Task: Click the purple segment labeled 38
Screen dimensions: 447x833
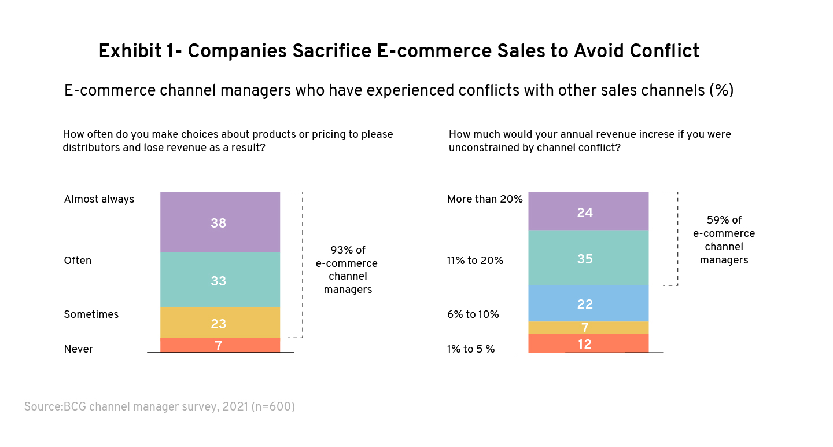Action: click(x=220, y=222)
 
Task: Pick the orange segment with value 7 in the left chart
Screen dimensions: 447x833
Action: click(x=220, y=345)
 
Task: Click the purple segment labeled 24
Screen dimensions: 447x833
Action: click(x=588, y=211)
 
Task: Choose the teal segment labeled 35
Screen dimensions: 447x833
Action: click(x=588, y=258)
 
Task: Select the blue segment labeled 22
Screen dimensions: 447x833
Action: click(x=588, y=303)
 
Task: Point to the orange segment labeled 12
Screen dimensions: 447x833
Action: click(x=588, y=343)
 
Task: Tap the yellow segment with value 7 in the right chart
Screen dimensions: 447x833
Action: click(x=588, y=328)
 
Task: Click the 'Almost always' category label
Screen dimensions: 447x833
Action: click(x=99, y=199)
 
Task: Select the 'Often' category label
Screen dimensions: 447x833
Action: click(x=78, y=261)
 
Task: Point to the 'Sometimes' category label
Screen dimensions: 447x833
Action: click(x=91, y=314)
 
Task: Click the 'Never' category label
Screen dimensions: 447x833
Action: click(x=78, y=349)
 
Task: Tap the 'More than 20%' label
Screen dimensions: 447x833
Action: click(x=485, y=199)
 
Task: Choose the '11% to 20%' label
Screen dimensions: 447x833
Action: click(x=474, y=261)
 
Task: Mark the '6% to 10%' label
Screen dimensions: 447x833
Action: click(x=473, y=314)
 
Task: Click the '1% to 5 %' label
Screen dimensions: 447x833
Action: click(x=470, y=349)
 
